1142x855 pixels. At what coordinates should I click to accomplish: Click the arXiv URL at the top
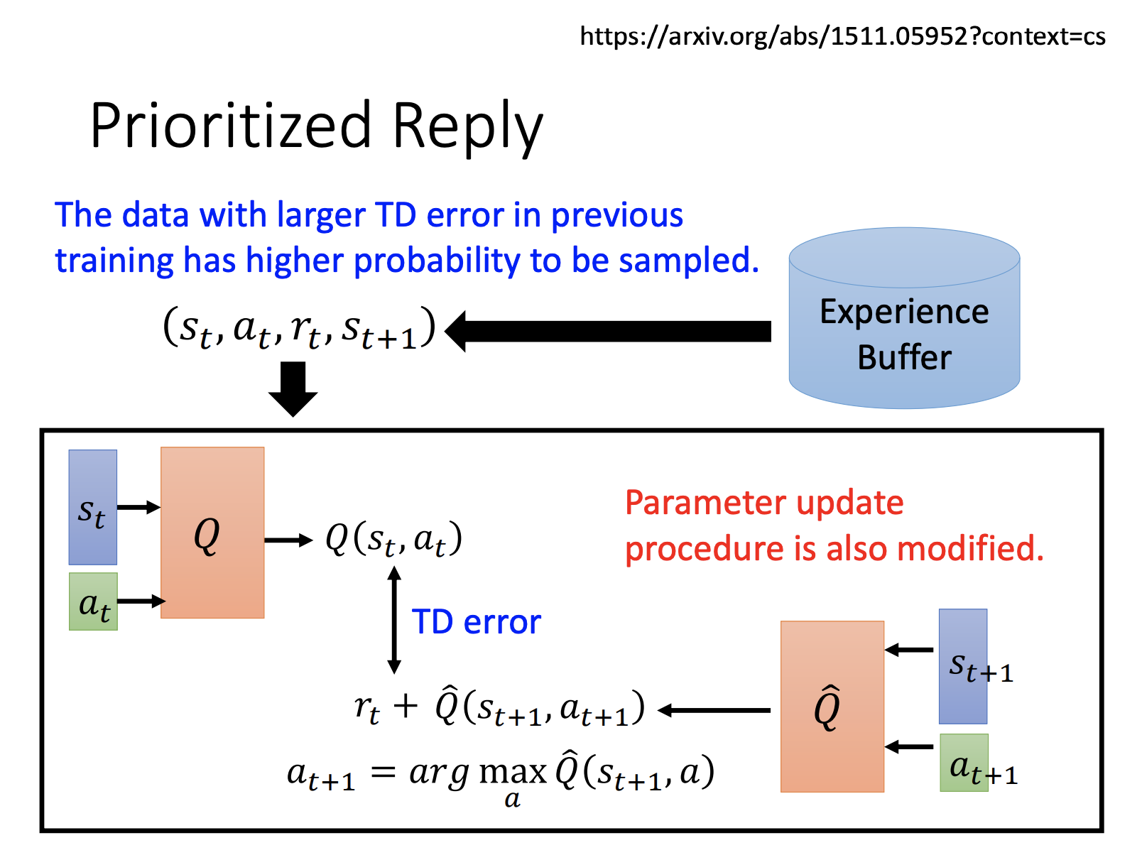(842, 36)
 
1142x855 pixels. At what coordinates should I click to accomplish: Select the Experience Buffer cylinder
(903, 317)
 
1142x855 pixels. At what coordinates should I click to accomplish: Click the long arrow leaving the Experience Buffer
(608, 332)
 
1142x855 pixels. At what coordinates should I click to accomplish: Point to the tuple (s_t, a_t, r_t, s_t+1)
(299, 327)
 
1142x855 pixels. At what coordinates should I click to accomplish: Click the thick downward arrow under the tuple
(293, 389)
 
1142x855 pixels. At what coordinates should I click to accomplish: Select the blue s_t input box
(92, 507)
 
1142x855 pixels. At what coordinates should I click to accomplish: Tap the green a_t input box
(93, 601)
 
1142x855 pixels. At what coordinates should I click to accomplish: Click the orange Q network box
(212, 533)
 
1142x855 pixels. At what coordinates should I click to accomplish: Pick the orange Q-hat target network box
(832, 707)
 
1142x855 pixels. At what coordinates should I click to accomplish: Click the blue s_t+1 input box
(962, 666)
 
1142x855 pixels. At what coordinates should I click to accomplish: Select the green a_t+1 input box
(964, 763)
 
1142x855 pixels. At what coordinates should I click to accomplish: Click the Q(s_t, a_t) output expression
(394, 539)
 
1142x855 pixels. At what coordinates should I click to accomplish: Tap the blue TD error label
(476, 621)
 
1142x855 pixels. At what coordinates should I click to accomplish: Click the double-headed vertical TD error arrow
(394, 620)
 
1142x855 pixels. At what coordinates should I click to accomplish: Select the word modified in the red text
(970, 549)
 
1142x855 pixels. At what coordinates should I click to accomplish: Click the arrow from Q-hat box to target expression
(714, 710)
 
